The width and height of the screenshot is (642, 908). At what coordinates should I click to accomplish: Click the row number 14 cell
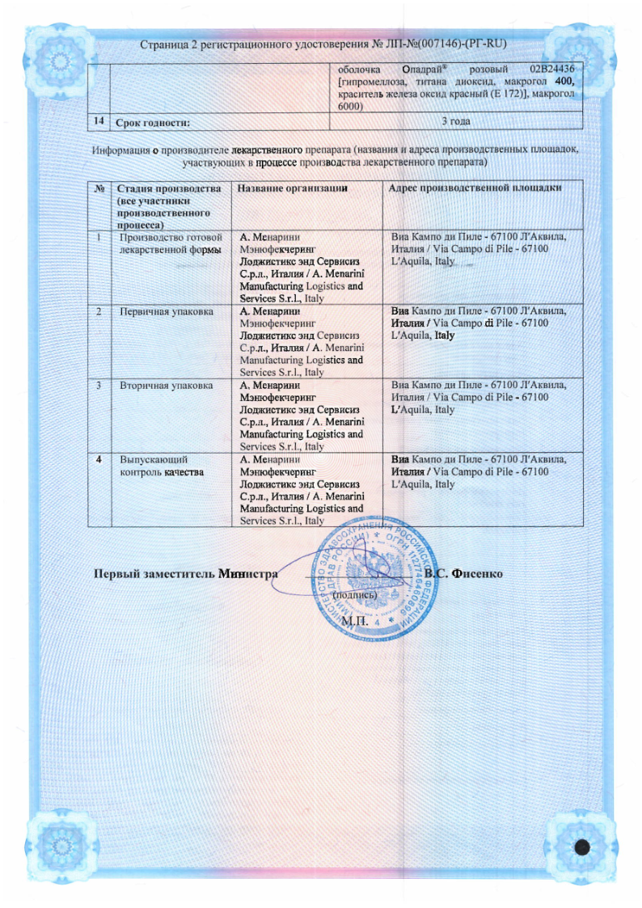[x=99, y=121]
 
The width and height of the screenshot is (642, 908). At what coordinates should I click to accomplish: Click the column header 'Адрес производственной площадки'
[x=475, y=188]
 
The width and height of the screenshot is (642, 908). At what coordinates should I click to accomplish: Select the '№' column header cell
[x=99, y=188]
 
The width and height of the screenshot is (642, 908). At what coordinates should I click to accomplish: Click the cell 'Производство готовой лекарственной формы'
[x=170, y=243]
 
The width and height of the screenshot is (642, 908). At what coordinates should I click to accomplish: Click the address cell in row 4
[x=478, y=471]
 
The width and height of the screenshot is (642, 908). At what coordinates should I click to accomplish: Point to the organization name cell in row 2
[x=301, y=341]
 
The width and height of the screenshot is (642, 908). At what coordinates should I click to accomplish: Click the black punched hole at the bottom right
[x=583, y=847]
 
